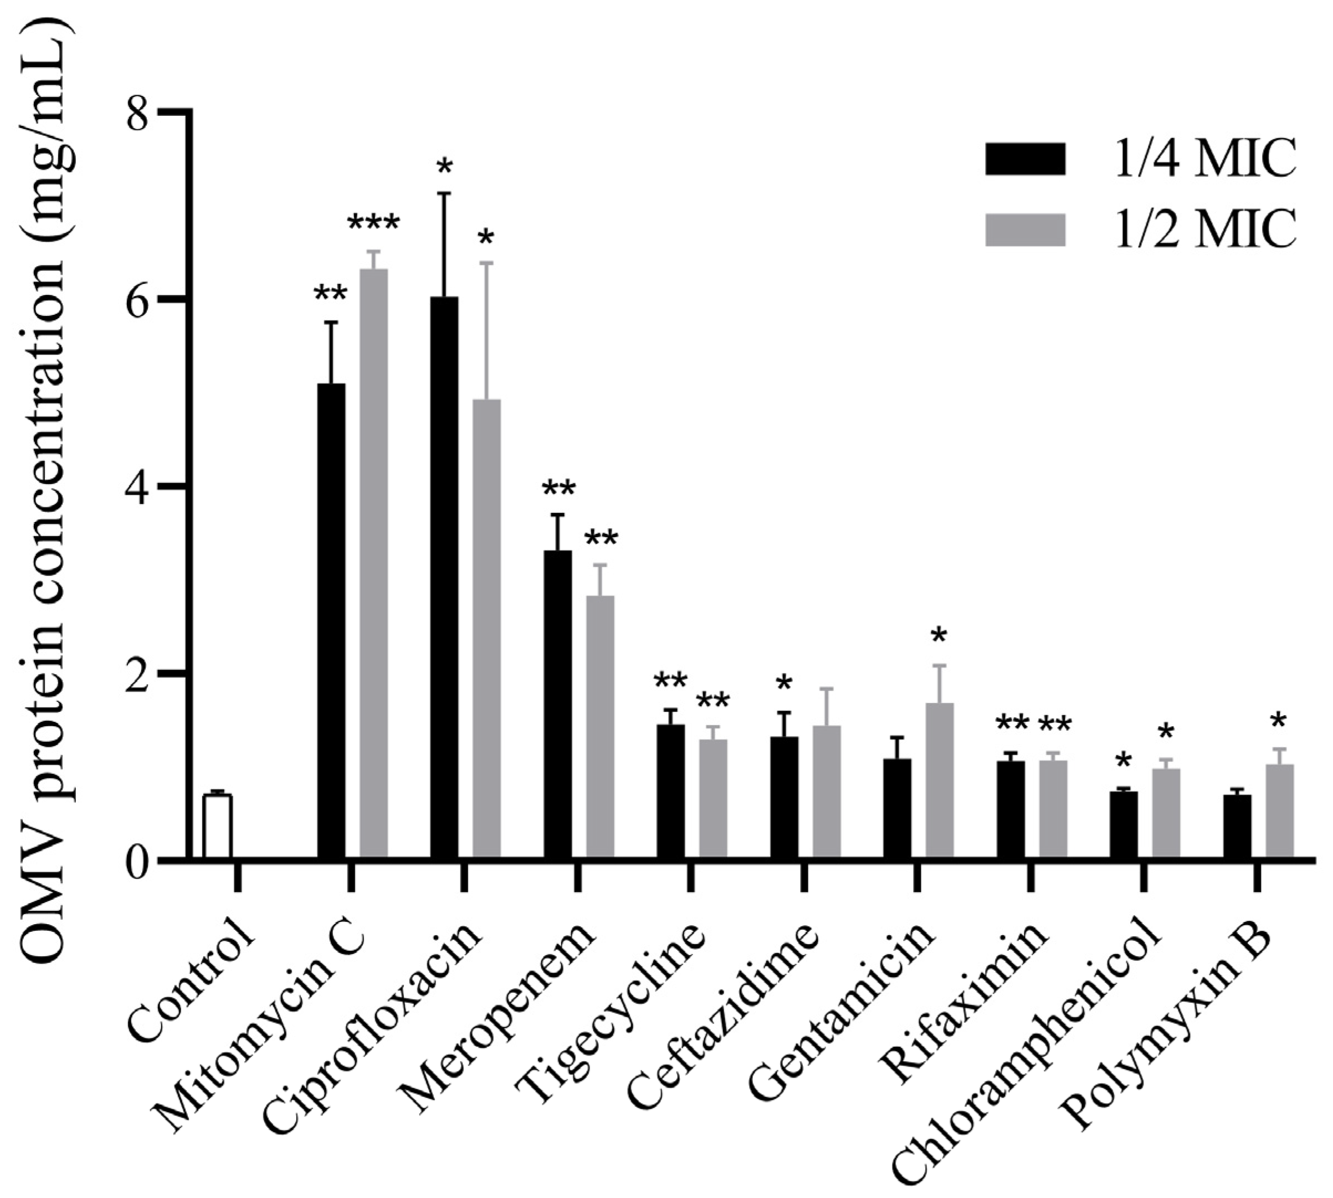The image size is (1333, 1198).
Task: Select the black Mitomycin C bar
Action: [331, 621]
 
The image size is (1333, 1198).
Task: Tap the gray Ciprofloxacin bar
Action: [487, 629]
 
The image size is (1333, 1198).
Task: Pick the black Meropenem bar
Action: [558, 704]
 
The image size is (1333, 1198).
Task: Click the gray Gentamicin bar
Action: [940, 781]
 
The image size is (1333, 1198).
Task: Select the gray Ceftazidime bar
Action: [827, 793]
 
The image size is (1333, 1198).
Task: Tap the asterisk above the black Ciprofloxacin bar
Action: [445, 166]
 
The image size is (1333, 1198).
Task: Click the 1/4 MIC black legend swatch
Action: [1024, 159]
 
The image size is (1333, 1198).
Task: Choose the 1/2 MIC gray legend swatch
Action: [1024, 230]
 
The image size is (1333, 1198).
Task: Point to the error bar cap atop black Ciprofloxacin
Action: [445, 193]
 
